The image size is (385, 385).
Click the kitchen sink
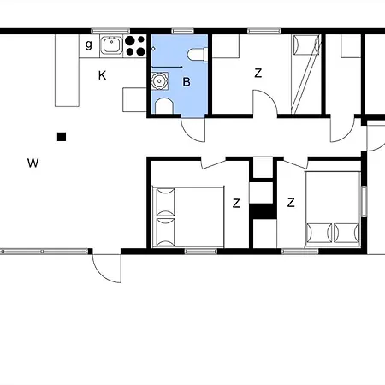click(x=111, y=45)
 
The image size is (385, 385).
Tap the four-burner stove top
click(x=135, y=45)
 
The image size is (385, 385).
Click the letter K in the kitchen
click(x=102, y=75)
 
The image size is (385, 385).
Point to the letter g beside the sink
click(x=89, y=44)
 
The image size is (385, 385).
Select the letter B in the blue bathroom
click(x=187, y=82)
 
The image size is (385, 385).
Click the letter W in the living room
click(x=33, y=163)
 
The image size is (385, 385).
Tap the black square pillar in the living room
click(x=62, y=137)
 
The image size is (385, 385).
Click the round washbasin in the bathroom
click(x=158, y=81)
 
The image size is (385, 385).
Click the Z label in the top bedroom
click(x=258, y=74)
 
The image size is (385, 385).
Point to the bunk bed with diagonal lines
click(x=306, y=74)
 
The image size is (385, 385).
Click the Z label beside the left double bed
click(x=236, y=204)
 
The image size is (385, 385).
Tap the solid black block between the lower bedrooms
click(x=263, y=211)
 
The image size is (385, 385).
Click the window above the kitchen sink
click(x=110, y=31)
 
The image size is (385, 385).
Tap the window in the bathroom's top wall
click(x=182, y=31)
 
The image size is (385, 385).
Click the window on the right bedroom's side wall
click(x=364, y=201)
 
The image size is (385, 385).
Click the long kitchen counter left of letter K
click(x=67, y=70)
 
